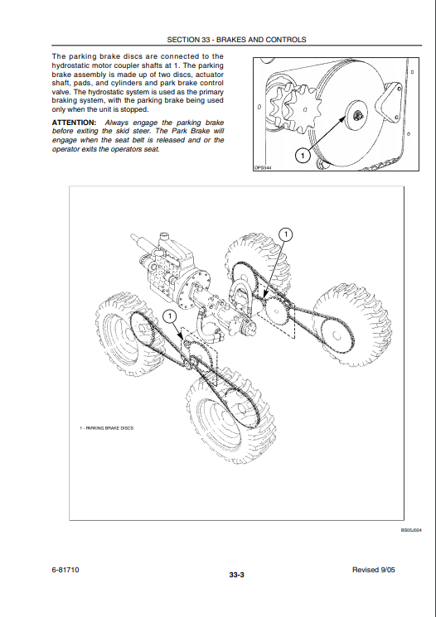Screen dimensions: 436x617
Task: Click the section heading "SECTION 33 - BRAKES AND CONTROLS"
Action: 236,40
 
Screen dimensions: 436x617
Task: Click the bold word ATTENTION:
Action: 74,123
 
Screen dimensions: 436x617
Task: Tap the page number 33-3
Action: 237,575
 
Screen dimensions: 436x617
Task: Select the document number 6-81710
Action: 65,570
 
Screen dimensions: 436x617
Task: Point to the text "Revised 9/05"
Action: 373,570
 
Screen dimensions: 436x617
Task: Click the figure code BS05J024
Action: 411,530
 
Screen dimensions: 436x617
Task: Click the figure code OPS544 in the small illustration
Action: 263,168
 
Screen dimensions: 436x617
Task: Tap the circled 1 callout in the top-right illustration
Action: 303,157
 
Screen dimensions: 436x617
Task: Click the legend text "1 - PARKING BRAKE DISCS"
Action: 106,427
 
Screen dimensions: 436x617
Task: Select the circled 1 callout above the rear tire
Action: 286,235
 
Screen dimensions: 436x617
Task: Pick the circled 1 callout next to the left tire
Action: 170,316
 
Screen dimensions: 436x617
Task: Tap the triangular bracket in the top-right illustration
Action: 387,102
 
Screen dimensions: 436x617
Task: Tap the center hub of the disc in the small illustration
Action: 358,115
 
